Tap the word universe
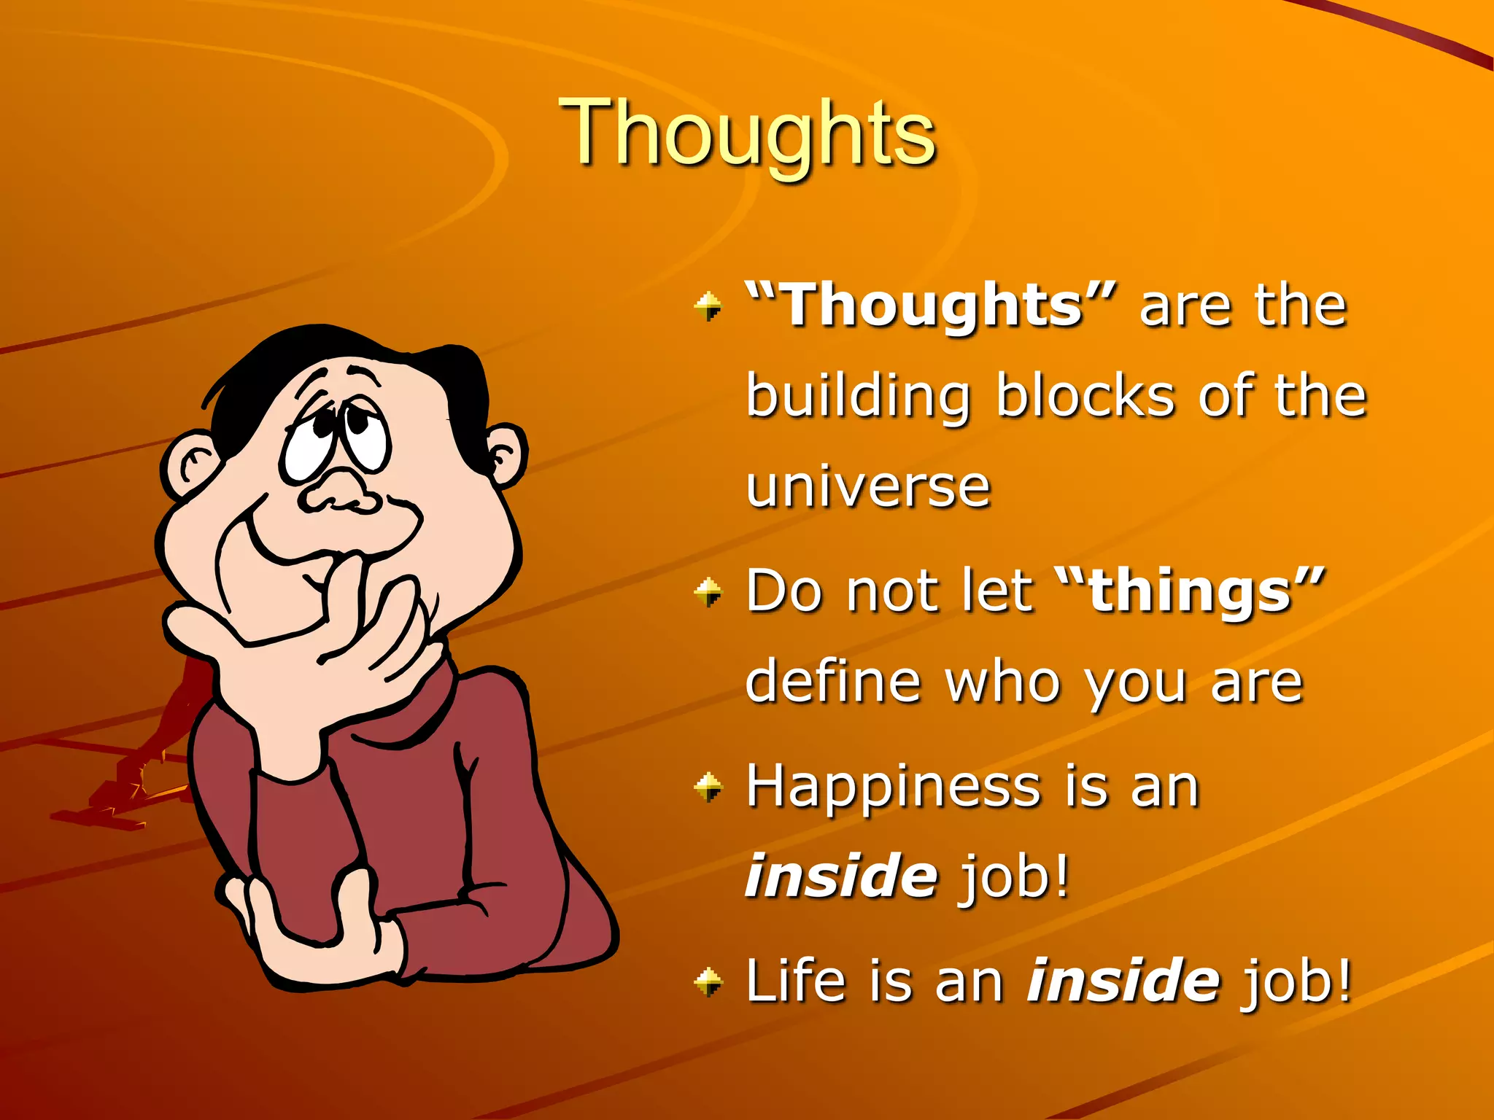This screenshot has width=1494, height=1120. coord(868,487)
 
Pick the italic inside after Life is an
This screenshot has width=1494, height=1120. coord(1123,981)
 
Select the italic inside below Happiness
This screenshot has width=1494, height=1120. coord(840,876)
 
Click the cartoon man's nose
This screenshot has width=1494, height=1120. coord(339,493)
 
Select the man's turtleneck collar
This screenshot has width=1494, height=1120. coord(409,715)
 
